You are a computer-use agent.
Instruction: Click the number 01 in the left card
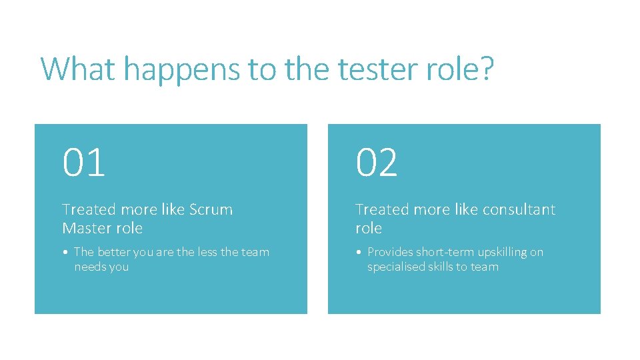[x=84, y=163]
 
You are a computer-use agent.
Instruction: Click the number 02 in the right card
[x=377, y=163]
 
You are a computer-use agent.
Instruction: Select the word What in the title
[x=78, y=69]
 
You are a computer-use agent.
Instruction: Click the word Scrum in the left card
[x=211, y=209]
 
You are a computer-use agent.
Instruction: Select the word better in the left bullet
[x=114, y=252]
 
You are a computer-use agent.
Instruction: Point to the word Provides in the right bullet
[x=390, y=252]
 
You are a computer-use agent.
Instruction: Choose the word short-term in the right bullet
[x=443, y=252]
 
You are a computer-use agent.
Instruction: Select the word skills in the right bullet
[x=443, y=267]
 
